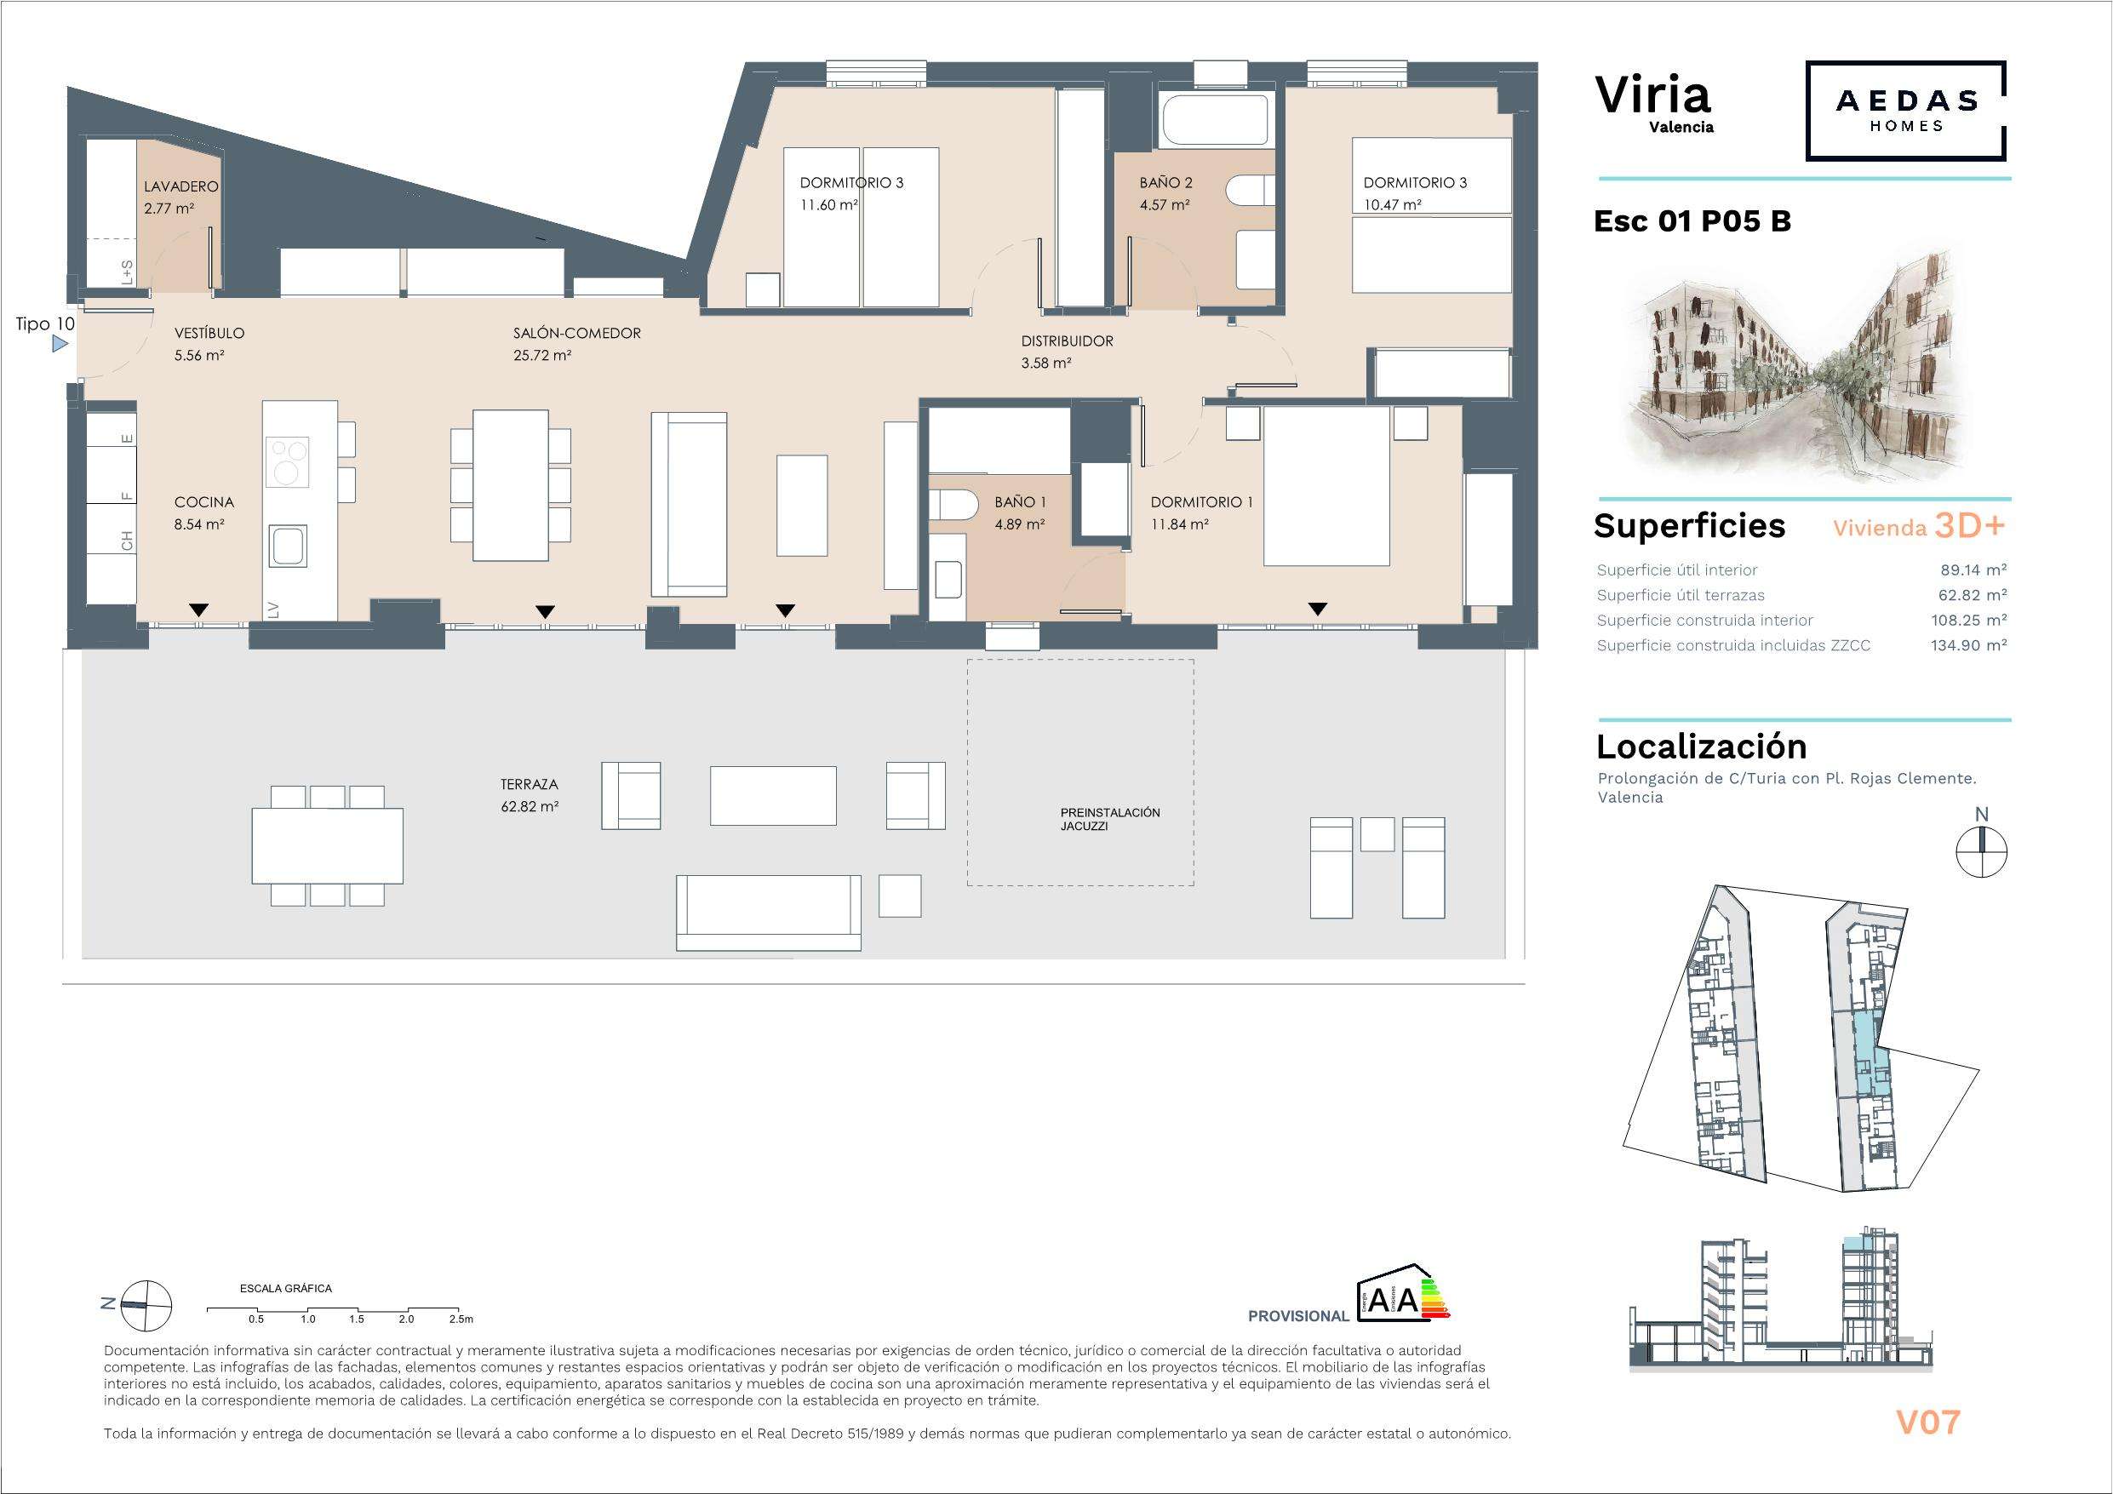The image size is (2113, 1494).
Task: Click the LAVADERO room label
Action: [181, 186]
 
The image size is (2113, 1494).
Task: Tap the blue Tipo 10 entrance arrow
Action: [60, 344]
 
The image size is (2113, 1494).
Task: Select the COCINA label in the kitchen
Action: [204, 501]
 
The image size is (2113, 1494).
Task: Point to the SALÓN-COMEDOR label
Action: [577, 333]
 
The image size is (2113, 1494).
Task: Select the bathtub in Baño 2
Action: [1216, 121]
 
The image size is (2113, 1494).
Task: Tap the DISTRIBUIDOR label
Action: [1067, 341]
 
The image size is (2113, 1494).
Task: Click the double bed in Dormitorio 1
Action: [1326, 485]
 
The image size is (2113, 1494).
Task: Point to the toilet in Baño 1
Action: [953, 506]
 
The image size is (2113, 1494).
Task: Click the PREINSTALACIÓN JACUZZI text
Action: [1110, 819]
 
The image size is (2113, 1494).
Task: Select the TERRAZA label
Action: [530, 784]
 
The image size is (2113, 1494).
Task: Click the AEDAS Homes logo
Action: [1906, 111]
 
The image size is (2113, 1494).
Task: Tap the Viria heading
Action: [1652, 94]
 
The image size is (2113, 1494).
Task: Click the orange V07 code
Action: [1928, 1422]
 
